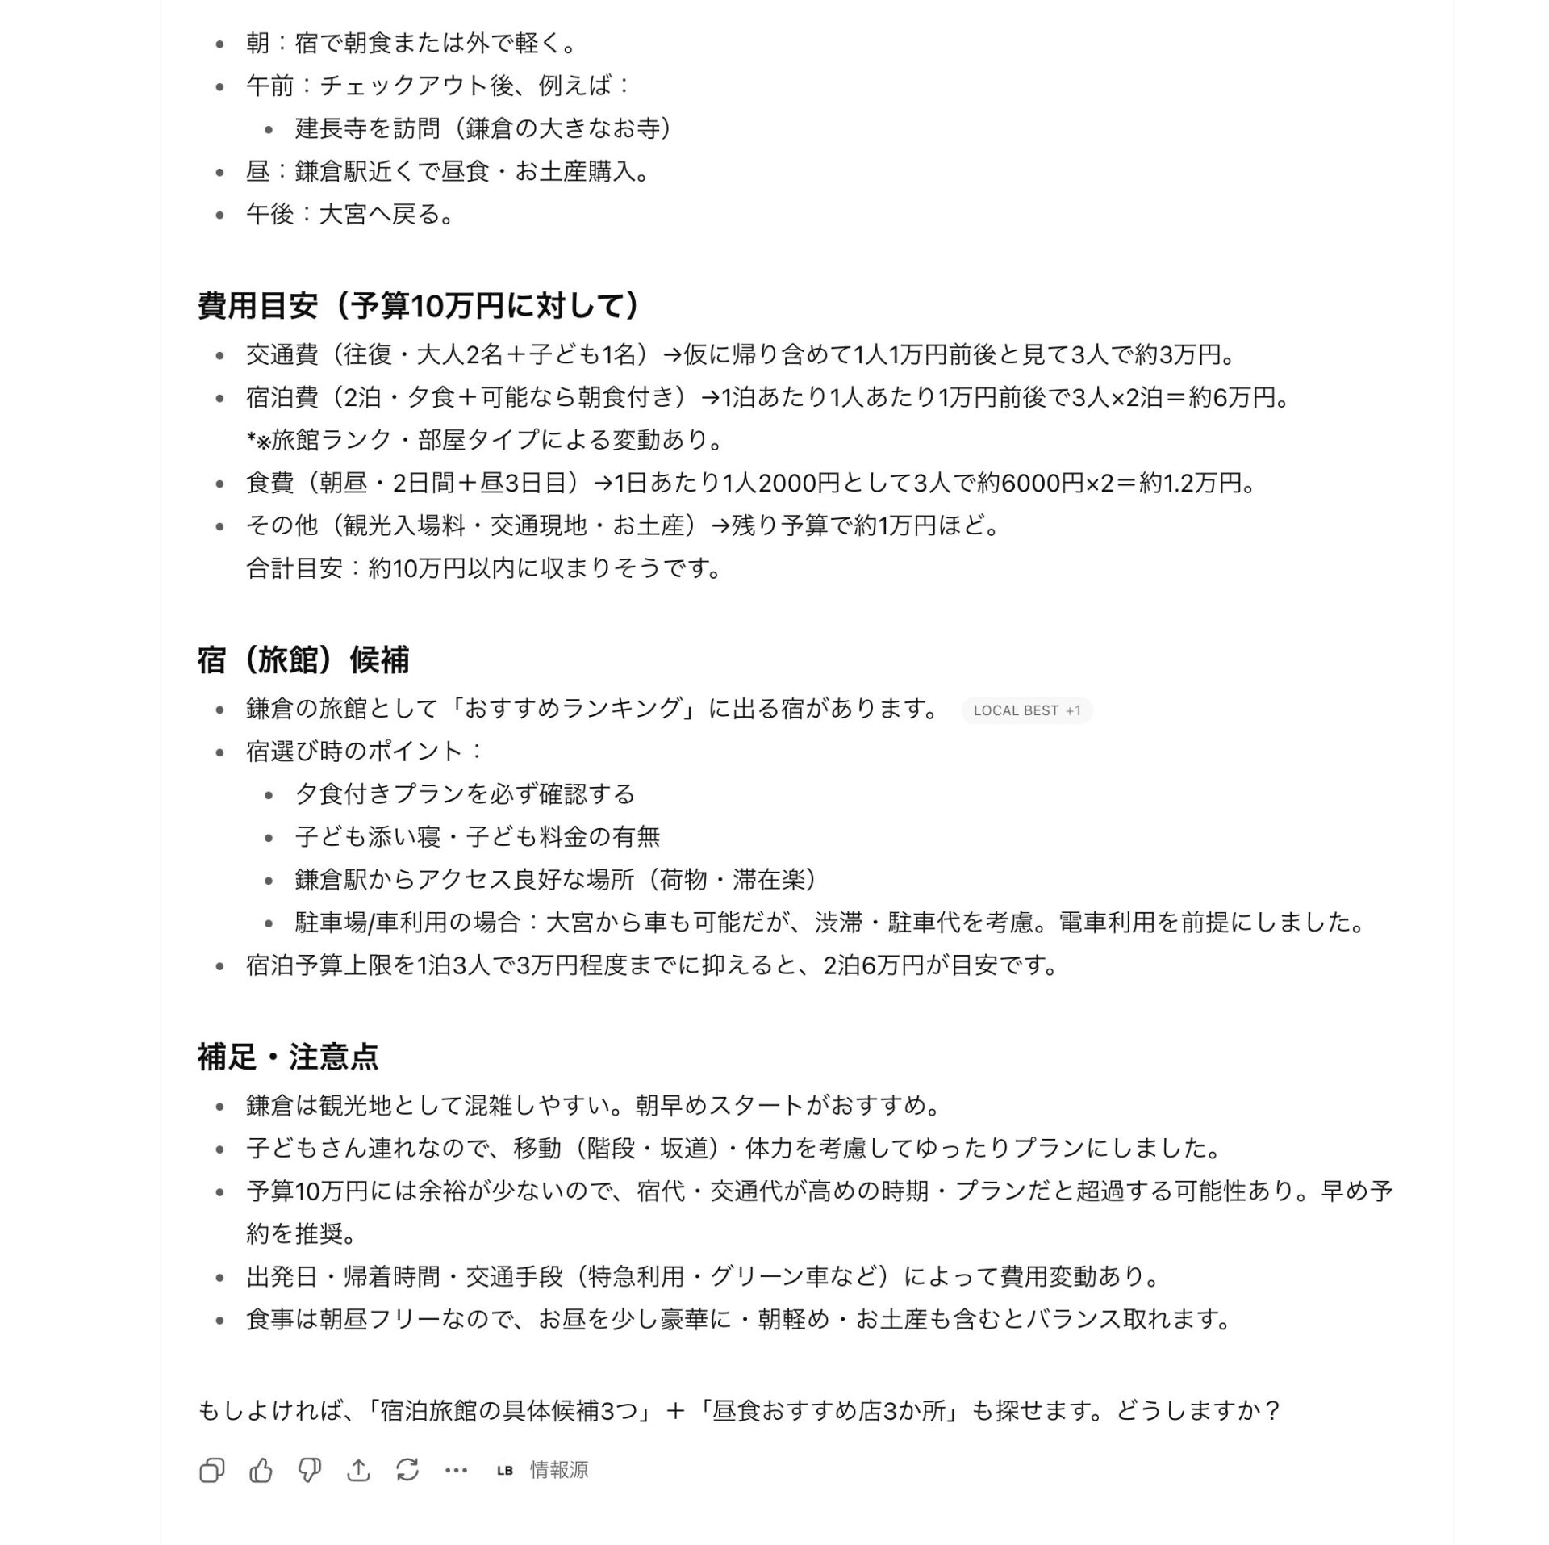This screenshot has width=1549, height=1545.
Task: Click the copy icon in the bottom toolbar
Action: point(211,1470)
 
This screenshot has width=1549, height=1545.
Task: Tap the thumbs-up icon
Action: point(261,1470)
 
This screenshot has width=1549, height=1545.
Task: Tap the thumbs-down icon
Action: point(310,1470)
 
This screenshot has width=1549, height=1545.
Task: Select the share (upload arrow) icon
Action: point(358,1470)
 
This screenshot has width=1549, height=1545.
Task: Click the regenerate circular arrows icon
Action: point(407,1470)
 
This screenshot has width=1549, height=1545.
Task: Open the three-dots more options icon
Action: point(456,1470)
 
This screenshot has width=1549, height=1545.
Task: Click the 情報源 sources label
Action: point(559,1470)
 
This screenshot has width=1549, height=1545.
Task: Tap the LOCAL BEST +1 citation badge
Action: point(1026,710)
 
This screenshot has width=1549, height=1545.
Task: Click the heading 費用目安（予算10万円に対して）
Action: point(419,306)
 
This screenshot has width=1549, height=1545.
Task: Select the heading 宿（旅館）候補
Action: point(303,659)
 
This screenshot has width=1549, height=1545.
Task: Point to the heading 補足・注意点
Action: point(288,1056)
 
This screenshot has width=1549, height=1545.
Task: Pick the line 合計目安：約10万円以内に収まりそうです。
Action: point(484,568)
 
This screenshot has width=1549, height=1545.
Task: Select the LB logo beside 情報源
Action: point(505,1470)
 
